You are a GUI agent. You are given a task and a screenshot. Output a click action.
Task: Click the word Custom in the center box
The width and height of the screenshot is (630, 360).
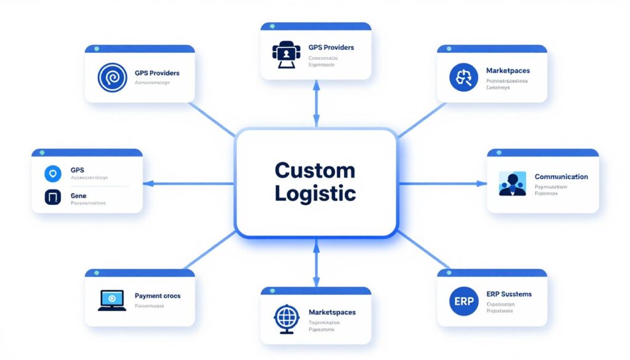315,170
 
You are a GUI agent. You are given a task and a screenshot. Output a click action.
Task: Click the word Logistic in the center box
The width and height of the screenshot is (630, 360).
315,193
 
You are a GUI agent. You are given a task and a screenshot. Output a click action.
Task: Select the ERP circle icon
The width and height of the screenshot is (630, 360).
463,302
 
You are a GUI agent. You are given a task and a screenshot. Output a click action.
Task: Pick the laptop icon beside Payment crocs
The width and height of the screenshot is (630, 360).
111,300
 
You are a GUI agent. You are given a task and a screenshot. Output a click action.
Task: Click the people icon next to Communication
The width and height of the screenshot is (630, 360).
512,184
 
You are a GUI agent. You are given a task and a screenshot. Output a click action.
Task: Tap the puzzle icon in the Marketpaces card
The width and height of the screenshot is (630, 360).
463,78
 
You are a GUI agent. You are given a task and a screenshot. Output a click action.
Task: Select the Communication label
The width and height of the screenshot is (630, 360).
561,177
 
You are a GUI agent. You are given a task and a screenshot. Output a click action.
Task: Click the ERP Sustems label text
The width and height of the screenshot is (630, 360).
508,294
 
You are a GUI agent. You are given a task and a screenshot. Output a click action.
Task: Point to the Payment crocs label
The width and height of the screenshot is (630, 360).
157,296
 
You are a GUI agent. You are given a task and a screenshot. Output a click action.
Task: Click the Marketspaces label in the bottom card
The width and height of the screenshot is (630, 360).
332,313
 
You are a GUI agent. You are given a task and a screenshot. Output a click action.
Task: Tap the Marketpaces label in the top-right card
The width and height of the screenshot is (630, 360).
508,71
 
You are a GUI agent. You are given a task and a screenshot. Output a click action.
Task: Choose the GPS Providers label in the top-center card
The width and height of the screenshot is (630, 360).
331,47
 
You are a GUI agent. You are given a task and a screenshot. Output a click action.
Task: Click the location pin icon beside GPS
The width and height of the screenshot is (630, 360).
53,174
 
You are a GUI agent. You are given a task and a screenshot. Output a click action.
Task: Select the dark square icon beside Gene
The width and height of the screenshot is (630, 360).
53,198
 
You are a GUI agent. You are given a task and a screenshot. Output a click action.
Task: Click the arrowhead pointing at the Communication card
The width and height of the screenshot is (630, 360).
482,183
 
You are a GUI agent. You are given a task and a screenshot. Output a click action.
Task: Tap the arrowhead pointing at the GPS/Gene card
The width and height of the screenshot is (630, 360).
148,183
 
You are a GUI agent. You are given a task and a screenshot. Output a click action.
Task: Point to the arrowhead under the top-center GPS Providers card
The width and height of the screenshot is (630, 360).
316,87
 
